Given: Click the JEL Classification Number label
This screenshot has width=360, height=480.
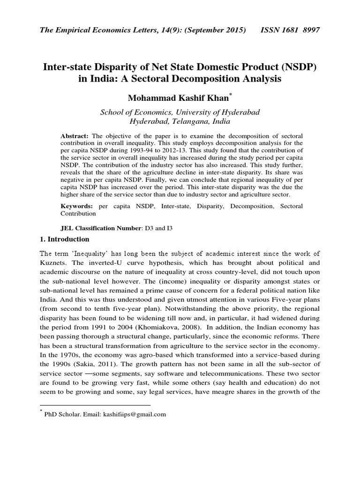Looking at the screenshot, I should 101,228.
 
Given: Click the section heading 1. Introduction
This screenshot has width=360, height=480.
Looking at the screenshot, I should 64,239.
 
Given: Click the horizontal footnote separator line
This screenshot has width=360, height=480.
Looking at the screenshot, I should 95,405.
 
